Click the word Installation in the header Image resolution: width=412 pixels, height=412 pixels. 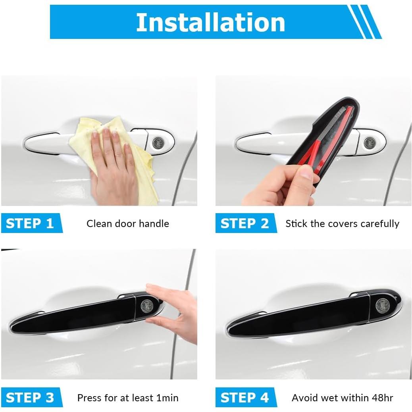pyautogui.click(x=210, y=22)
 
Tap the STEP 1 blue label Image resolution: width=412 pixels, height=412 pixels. pyautogui.click(x=30, y=223)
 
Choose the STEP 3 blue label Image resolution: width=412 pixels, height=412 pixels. pyautogui.click(x=30, y=398)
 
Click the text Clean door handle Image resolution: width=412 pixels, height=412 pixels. pyautogui.click(x=128, y=224)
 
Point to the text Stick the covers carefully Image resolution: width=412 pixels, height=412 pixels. pyautogui.click(x=342, y=224)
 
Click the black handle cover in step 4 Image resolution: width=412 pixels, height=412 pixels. pyautogui.click(x=302, y=318)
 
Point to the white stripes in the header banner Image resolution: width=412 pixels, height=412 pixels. pyautogui.click(x=363, y=22)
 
